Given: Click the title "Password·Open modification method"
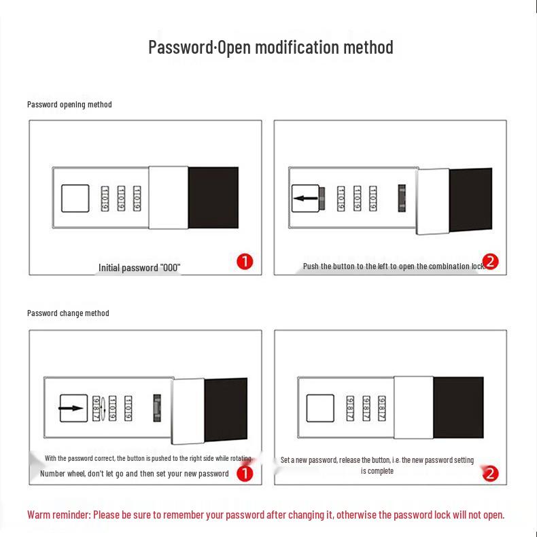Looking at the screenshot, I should (x=271, y=47).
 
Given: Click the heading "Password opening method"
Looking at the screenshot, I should (x=69, y=105).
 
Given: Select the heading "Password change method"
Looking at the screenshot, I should (x=68, y=313).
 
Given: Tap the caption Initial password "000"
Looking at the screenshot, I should (x=139, y=268).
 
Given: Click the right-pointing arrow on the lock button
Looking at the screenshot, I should (x=72, y=409).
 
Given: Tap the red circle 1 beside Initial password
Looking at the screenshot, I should (x=245, y=262).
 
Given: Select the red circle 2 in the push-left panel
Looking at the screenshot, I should (x=491, y=262).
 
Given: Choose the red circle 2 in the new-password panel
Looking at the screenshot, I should (x=491, y=473).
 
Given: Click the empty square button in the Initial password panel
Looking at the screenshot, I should (x=75, y=198).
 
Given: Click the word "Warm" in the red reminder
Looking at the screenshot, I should (x=39, y=515).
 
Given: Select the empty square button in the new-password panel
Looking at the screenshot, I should (x=319, y=408).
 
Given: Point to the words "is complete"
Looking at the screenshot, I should (x=377, y=471).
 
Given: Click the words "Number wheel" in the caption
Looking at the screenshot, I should (x=63, y=474).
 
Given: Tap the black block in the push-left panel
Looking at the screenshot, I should (x=470, y=200).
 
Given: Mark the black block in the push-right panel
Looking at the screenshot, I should (x=226, y=410).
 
